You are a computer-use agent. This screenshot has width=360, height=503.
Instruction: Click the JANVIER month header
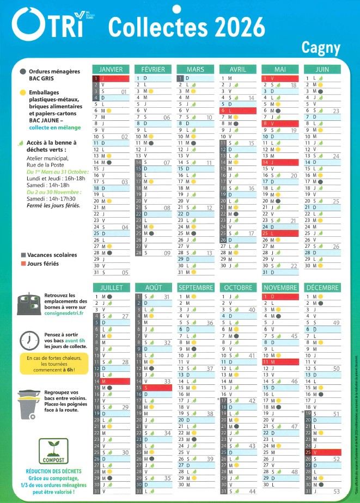coord(111,69)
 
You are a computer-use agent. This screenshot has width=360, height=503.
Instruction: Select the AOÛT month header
coord(154,287)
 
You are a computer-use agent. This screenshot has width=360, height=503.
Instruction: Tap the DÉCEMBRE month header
coord(322,287)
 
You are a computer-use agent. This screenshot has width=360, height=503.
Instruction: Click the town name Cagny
coord(321,48)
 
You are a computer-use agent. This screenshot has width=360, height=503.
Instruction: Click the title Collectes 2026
coord(186,26)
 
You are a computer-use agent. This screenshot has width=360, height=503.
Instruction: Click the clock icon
coord(29,340)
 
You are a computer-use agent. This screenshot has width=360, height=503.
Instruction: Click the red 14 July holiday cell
coord(111,381)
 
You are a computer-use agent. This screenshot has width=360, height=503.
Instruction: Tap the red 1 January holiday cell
coord(111,78)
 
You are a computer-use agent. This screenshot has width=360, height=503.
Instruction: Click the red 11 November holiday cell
coord(280,361)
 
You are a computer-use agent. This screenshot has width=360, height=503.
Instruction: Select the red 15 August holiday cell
coord(154,388)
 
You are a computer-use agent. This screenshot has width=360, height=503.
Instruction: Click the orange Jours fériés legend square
coord(23,263)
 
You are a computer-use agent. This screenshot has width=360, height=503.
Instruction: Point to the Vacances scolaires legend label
coord(52,255)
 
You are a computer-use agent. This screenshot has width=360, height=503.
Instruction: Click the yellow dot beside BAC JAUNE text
coord(22,93)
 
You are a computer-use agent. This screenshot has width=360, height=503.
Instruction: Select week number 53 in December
coord(336,493)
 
